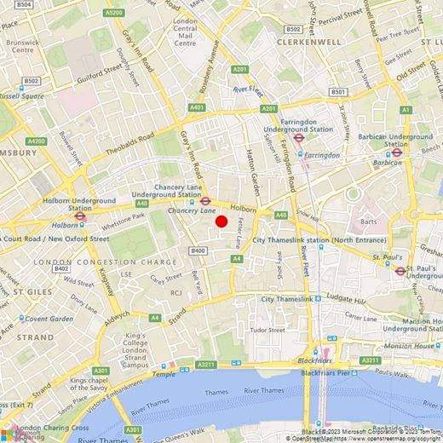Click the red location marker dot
(x=221, y=221)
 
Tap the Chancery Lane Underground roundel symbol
(x=205, y=202)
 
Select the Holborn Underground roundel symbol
(x=80, y=216)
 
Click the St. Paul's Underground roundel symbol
(x=400, y=271)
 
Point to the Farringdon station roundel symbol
(x=298, y=137)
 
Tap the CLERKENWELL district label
(x=308, y=41)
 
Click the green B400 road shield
(x=198, y=250)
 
